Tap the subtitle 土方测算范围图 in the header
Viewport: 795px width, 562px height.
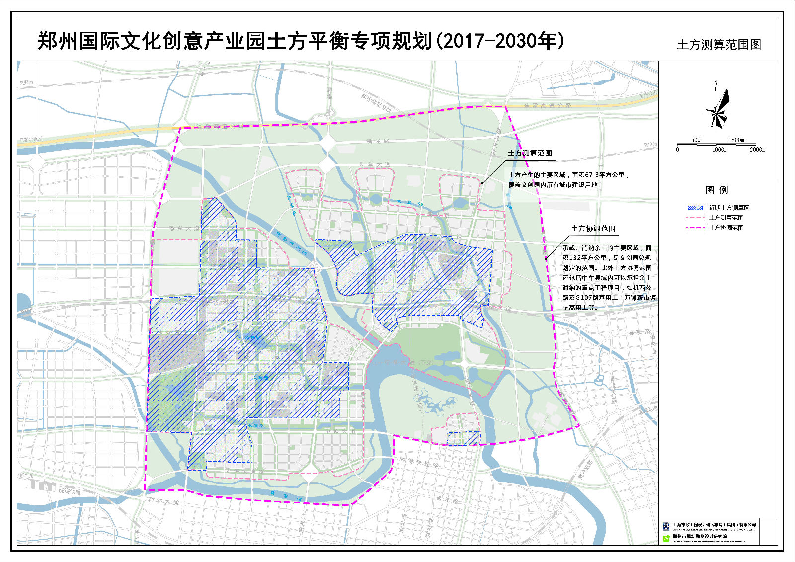tap(718, 45)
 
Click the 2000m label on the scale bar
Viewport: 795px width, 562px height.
tap(757, 150)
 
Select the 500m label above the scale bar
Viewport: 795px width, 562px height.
tap(697, 140)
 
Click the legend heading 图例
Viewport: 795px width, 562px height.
tap(716, 190)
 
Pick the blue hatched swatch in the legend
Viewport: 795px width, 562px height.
tap(695, 208)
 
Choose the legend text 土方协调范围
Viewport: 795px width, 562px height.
tap(726, 228)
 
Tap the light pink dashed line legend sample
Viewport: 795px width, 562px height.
tap(695, 218)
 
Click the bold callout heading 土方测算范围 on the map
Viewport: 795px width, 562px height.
tap(530, 153)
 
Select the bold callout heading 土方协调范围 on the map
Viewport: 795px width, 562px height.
tap(593, 229)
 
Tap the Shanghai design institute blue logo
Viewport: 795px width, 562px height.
tap(666, 526)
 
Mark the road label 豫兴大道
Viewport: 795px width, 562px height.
tap(184, 228)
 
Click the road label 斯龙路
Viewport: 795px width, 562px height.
tap(378, 141)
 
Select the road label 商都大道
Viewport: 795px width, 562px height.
tap(163, 502)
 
